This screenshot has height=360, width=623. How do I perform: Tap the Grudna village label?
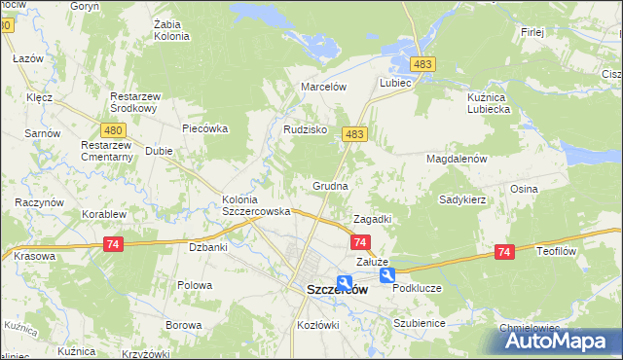coord(330,184)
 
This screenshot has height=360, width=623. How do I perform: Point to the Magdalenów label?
coord(456,158)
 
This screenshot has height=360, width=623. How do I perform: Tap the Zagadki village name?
coord(372,219)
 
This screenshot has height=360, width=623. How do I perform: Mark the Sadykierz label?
coord(462,198)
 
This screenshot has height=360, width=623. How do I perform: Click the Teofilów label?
coord(558,250)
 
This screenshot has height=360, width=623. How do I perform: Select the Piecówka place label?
coord(204,127)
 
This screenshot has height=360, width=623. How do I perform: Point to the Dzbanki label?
coord(207,247)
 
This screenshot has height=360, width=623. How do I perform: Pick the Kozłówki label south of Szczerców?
coord(317,322)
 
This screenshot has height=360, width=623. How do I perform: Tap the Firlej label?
coord(531,32)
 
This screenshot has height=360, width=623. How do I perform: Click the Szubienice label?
coord(420,322)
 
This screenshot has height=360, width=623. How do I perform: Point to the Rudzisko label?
coord(305,129)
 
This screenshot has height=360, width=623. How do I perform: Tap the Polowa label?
coord(195,285)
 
